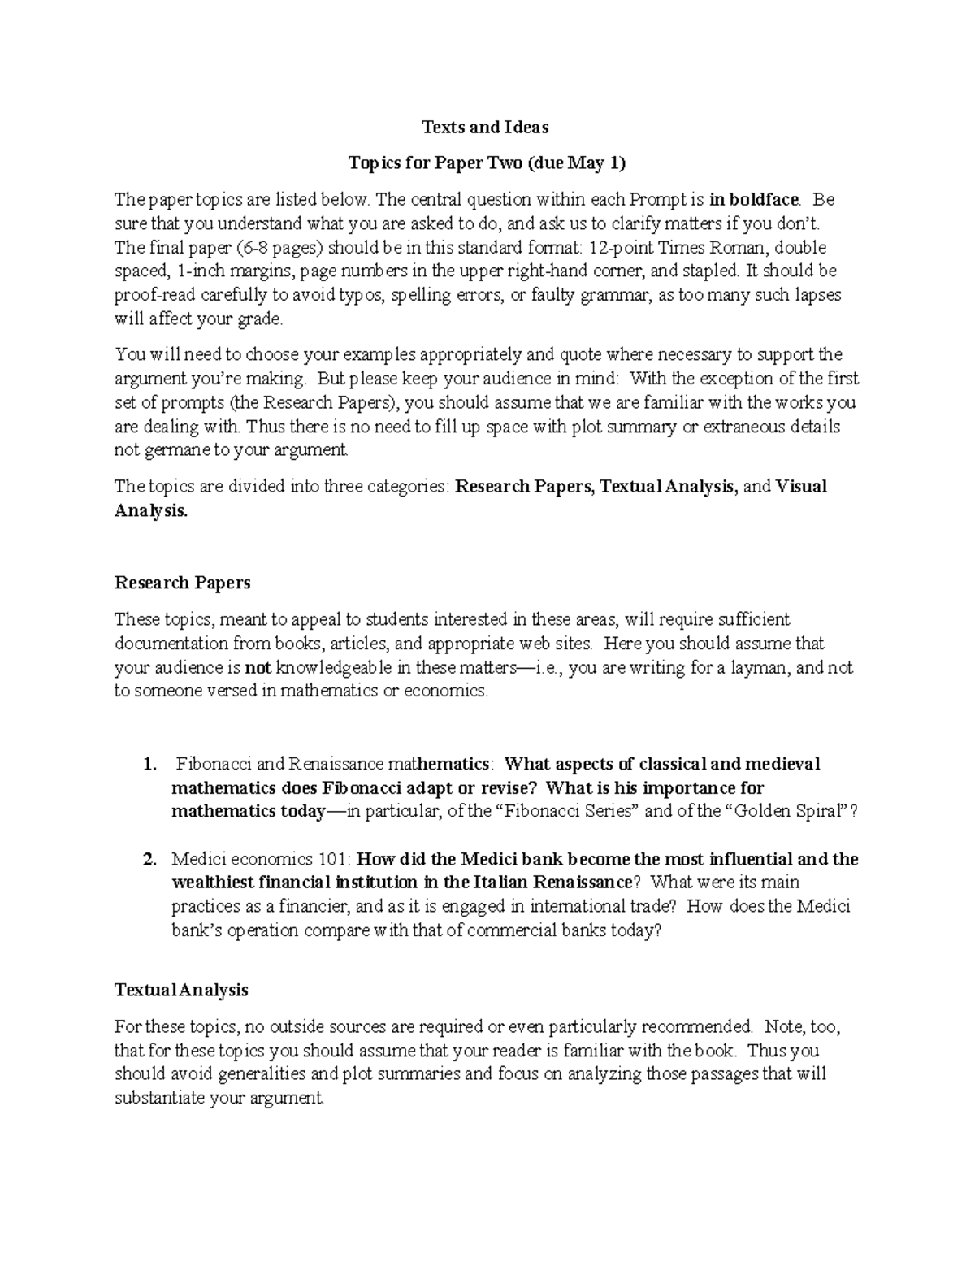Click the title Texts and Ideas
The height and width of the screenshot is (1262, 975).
[485, 127]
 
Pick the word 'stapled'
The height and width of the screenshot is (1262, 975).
[713, 271]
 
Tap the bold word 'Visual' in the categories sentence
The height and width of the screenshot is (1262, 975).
[801, 486]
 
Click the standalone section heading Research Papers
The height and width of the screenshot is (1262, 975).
[182, 583]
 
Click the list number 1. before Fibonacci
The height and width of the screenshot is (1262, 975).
[149, 764]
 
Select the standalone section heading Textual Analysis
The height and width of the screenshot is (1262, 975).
[181, 990]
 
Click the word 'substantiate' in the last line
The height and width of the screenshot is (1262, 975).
[159, 1099]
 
